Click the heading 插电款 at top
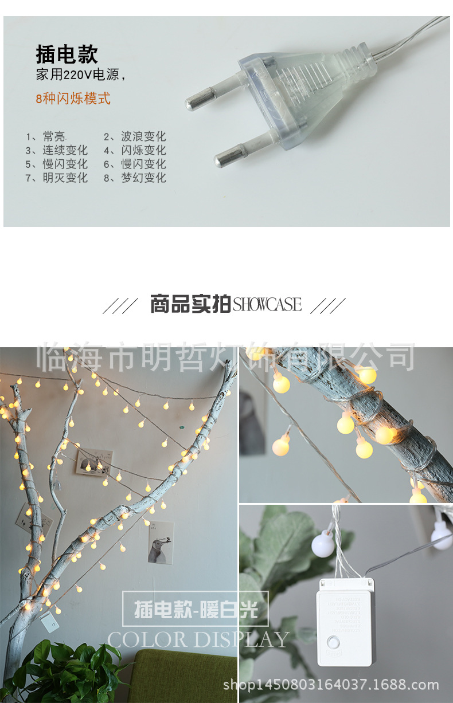(x=67, y=54)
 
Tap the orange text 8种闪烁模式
(x=73, y=98)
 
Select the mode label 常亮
(x=54, y=137)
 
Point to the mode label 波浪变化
(x=143, y=137)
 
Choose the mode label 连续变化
(x=65, y=151)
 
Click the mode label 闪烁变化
(x=143, y=151)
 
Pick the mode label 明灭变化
(x=65, y=178)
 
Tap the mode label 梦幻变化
(x=143, y=178)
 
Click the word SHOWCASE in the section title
(x=267, y=305)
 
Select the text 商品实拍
(x=190, y=304)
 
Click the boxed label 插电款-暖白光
(x=196, y=609)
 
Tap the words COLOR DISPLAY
(x=198, y=639)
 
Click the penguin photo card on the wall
(x=161, y=542)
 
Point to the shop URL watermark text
(x=330, y=685)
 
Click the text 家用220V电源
(x=80, y=75)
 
